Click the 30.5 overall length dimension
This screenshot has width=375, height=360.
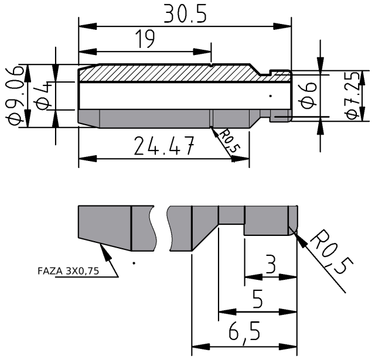coord(185,14)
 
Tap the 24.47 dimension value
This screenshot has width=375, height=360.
coord(163,146)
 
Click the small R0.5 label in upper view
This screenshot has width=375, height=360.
coord(229,141)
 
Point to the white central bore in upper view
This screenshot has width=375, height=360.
coord(176,95)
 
